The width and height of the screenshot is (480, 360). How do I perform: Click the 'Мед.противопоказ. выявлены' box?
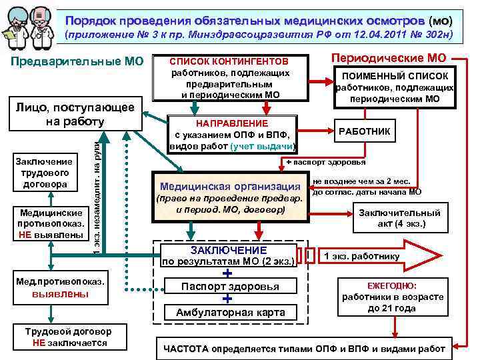(61, 287)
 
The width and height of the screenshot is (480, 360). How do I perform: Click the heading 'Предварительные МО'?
(79, 62)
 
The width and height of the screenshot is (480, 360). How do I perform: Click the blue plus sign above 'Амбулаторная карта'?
(227, 299)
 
